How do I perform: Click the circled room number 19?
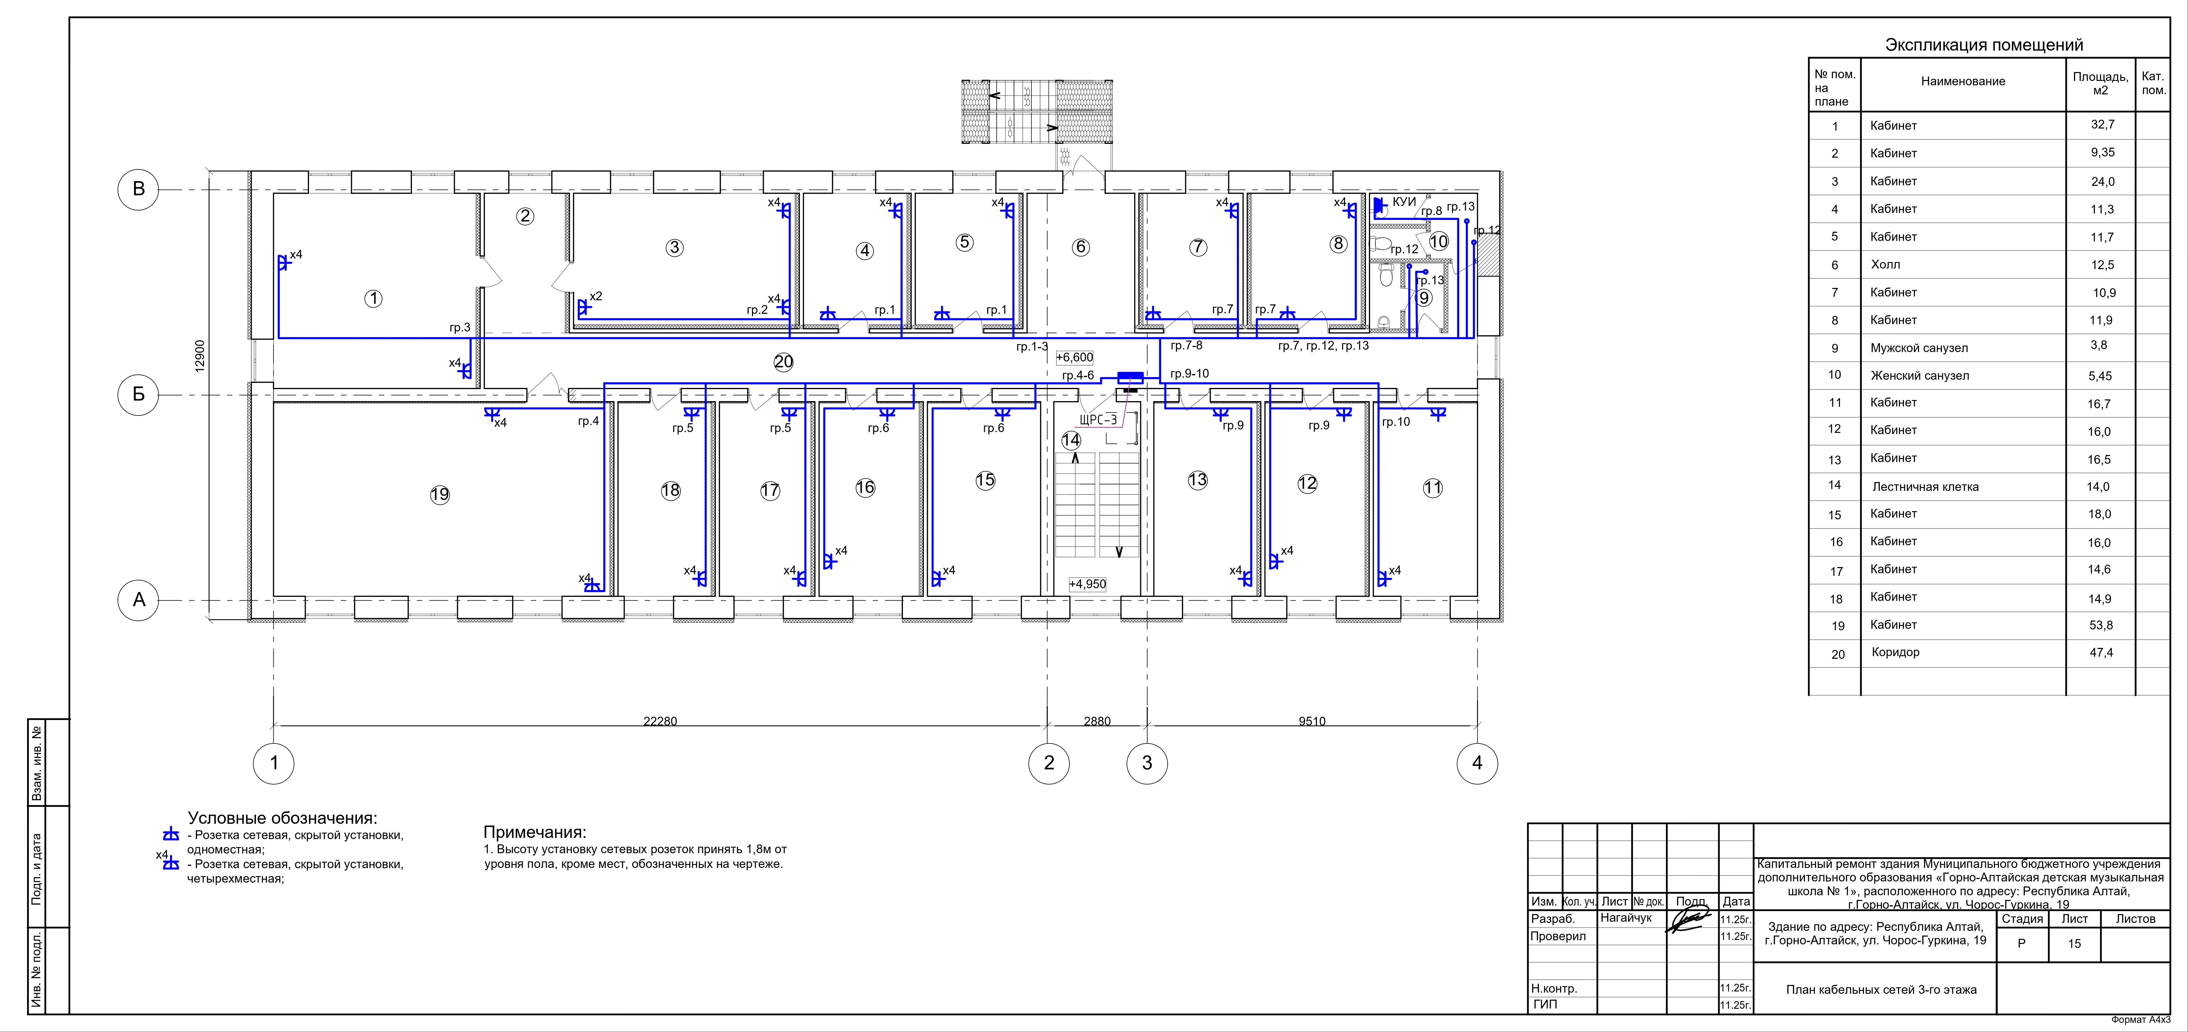click(440, 494)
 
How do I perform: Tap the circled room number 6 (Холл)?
click(1080, 247)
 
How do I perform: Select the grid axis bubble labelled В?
click(138, 189)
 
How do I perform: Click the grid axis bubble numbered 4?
click(1477, 763)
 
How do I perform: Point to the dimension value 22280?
click(660, 721)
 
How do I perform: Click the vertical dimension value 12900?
click(200, 356)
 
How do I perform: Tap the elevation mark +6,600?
click(1075, 358)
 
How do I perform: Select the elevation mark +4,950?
click(1087, 584)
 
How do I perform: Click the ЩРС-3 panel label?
click(1098, 420)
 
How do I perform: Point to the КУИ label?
click(1404, 202)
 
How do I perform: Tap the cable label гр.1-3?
click(1032, 346)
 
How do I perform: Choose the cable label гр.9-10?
click(1189, 374)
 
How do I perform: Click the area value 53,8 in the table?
click(2100, 625)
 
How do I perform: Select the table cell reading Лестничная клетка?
click(1925, 487)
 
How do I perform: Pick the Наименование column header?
click(1963, 81)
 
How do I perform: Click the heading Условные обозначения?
click(282, 818)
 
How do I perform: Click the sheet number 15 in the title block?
click(2074, 944)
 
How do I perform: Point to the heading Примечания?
click(535, 832)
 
